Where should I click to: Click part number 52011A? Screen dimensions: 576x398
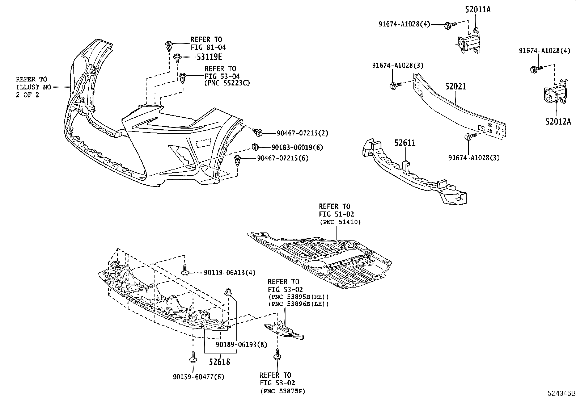(478, 10)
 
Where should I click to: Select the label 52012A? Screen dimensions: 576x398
(558, 122)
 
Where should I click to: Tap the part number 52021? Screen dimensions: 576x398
(456, 87)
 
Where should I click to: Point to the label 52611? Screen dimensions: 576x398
(405, 143)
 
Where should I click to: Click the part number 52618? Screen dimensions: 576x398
(219, 362)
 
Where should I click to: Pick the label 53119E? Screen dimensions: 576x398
(209, 57)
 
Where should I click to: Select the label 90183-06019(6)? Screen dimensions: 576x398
(297, 147)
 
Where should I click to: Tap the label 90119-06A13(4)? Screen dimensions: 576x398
(225, 272)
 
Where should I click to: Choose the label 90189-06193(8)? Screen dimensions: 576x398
(241, 344)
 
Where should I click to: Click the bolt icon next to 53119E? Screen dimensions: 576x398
(178, 57)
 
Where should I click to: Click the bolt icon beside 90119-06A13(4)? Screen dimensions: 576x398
(185, 271)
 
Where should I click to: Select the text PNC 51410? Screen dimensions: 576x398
(340, 222)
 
